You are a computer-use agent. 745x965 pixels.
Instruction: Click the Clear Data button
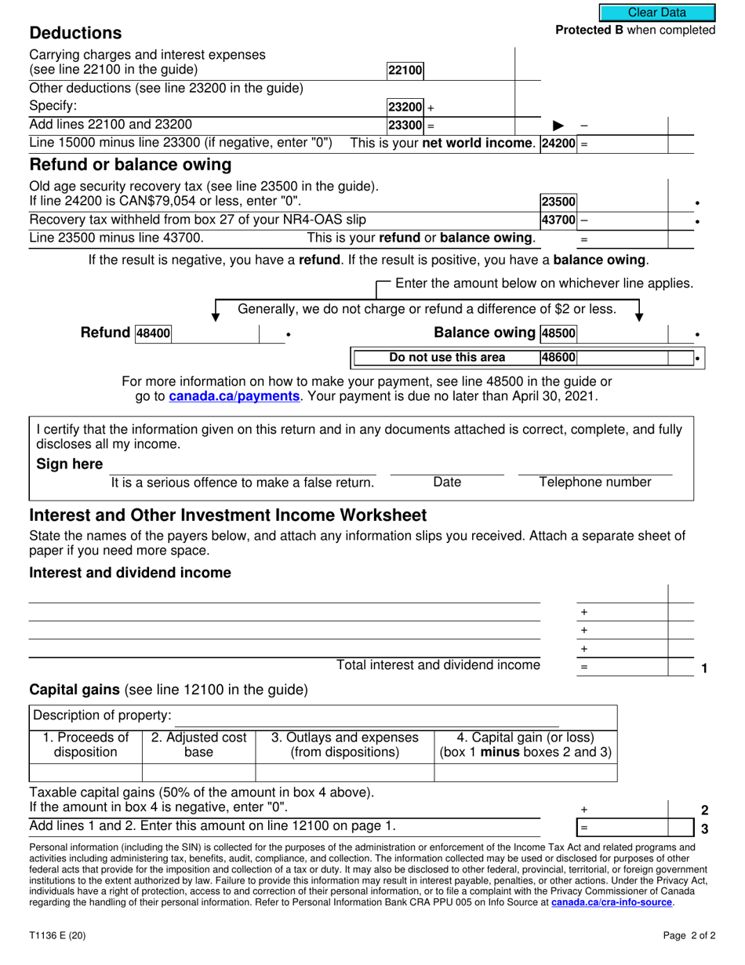point(657,13)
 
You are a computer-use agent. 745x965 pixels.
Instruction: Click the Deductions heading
point(75,33)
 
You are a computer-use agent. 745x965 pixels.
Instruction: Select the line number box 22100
point(405,70)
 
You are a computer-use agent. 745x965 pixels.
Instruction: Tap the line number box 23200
point(405,107)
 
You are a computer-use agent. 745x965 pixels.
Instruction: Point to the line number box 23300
point(405,126)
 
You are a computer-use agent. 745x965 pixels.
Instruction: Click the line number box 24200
point(559,144)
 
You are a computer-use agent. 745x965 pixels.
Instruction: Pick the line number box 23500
point(558,202)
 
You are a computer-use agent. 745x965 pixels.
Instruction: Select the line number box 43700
point(558,220)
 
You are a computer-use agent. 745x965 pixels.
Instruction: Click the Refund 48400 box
point(153,333)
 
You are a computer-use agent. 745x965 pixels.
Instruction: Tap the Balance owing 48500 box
point(558,333)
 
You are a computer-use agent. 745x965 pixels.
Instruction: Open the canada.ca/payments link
point(234,396)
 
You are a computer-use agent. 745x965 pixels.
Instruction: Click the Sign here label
point(70,464)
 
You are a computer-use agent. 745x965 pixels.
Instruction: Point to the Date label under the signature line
point(447,482)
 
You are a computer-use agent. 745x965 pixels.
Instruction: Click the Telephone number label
point(595,482)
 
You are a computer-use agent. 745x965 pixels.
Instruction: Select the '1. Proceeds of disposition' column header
point(85,745)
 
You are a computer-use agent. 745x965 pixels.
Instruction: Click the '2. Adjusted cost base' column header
point(198,745)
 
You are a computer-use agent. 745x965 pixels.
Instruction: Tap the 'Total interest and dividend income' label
point(438,665)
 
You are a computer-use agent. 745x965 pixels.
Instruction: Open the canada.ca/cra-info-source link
point(612,903)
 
